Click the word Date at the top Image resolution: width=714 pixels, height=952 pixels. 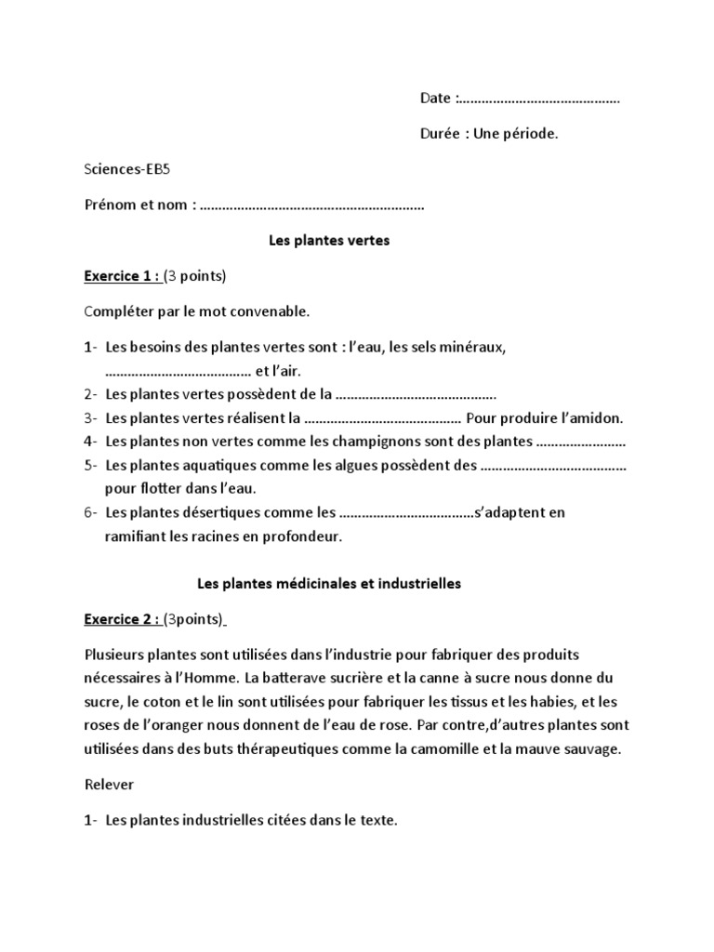[x=435, y=99]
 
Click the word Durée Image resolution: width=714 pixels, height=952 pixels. [x=440, y=134]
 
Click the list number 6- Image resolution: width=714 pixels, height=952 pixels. [x=91, y=512]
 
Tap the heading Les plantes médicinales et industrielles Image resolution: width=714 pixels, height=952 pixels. [x=329, y=585]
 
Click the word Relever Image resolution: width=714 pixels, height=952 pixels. [x=109, y=785]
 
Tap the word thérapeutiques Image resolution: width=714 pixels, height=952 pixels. [x=337, y=748]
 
